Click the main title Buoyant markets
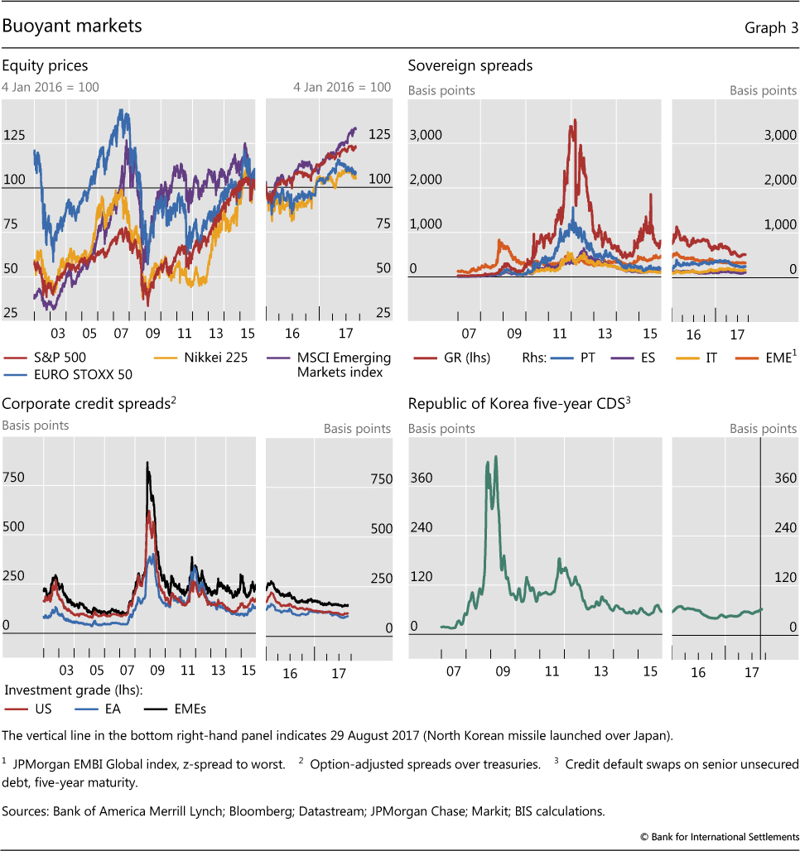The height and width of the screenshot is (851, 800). tap(72, 26)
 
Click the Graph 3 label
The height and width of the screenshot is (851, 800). tap(771, 27)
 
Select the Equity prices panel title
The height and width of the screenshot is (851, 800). tap(45, 65)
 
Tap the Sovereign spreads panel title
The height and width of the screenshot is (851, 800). tap(470, 65)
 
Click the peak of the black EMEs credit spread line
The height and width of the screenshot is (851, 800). tap(147, 463)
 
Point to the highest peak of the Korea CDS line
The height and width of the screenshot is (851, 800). tap(495, 456)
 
